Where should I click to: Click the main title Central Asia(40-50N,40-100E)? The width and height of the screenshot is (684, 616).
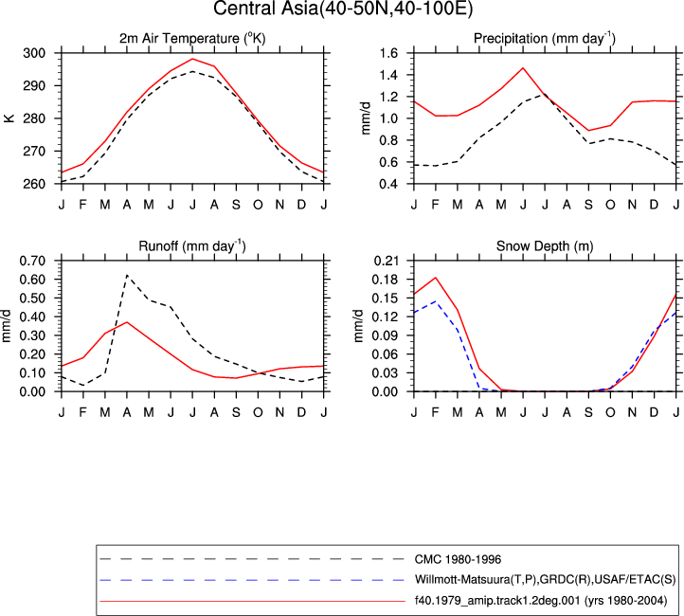coord(343,9)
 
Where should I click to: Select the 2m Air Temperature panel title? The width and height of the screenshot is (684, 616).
coord(192,39)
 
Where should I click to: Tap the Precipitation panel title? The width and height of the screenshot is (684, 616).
coord(545,39)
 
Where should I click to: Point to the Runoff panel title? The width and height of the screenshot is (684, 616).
coord(192,246)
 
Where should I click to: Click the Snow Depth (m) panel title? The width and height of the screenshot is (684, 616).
coord(545,246)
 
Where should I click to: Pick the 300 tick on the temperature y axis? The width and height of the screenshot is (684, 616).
coord(34,53)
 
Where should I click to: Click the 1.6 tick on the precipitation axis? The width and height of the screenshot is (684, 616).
coord(388,53)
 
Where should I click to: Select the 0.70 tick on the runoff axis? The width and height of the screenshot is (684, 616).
coord(32,261)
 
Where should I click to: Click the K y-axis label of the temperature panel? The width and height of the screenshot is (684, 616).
coord(9,118)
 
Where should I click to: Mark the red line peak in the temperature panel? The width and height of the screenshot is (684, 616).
coord(192,59)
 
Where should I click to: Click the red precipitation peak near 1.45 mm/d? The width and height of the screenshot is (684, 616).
coord(523,68)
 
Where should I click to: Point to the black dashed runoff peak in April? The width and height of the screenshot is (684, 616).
coord(127,275)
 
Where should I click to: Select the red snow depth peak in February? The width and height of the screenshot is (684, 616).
coord(436,278)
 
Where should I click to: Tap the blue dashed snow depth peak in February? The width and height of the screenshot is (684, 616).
coord(436,301)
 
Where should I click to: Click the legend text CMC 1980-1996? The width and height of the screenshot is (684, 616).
coord(458,559)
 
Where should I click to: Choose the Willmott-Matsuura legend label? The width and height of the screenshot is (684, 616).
coord(545,580)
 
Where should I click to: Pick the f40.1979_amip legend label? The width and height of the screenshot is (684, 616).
coord(541,601)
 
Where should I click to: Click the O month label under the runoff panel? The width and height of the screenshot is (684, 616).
coord(258,412)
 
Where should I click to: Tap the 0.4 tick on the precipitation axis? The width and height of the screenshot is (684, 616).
coord(388,184)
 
